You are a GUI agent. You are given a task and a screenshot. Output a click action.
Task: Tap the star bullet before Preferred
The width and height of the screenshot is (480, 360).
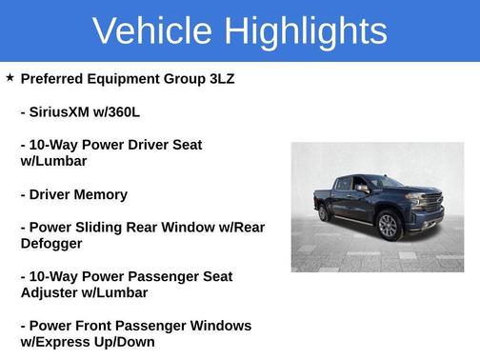[x=10, y=78]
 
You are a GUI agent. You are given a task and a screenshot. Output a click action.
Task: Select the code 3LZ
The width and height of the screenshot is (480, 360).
[x=218, y=79]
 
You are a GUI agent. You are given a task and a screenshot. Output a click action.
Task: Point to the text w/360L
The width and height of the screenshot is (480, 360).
[x=118, y=112]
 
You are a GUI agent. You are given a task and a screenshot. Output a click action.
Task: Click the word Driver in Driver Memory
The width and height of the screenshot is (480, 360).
[x=54, y=194]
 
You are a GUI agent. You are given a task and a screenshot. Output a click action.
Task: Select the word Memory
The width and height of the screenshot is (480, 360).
[x=105, y=194]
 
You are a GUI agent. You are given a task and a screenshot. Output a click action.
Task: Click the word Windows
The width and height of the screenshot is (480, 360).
[x=216, y=326]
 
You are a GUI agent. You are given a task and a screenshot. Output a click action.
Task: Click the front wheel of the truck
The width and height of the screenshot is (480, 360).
[x=388, y=226]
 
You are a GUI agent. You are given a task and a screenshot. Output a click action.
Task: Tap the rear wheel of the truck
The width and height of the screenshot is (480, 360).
[x=324, y=212]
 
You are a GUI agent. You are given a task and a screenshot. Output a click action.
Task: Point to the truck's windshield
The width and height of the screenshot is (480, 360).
[x=386, y=182]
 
